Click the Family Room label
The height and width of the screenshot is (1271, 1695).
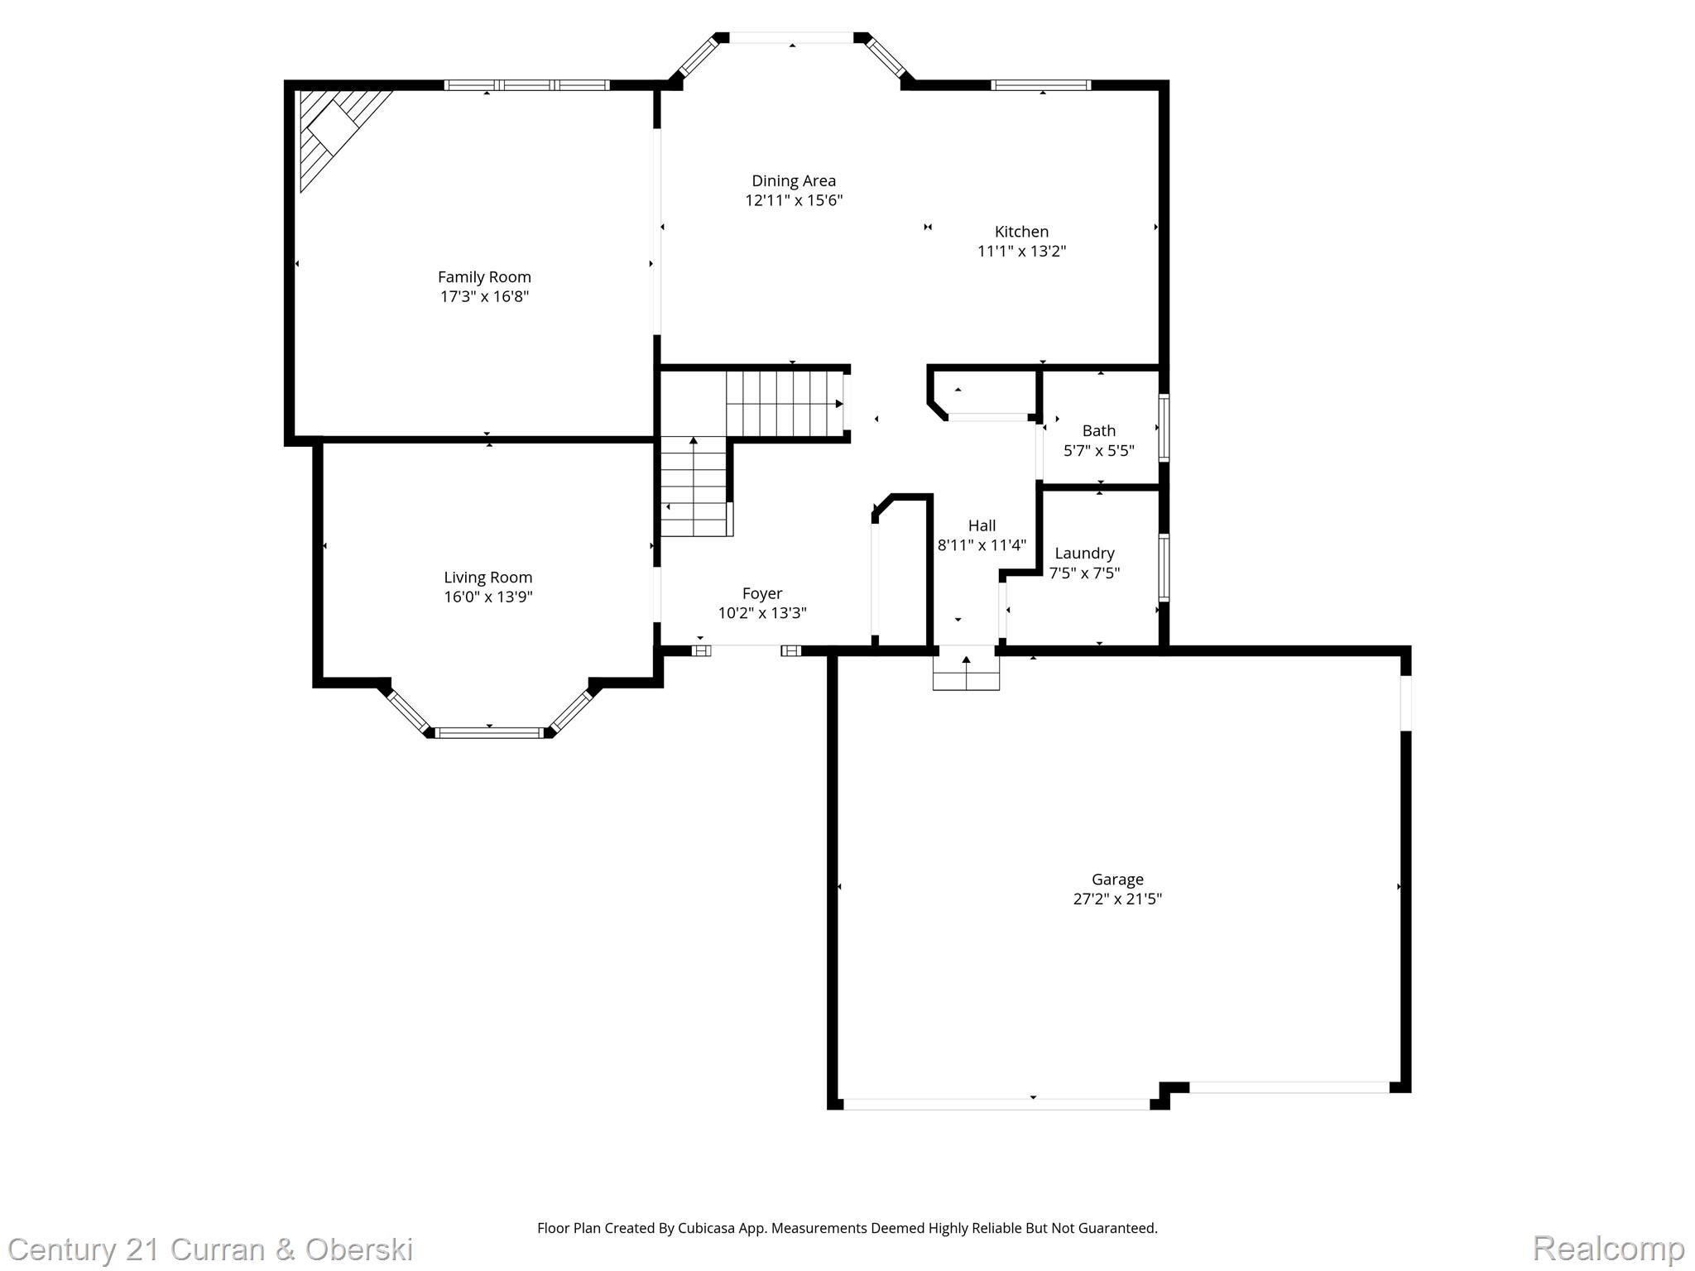click(x=484, y=277)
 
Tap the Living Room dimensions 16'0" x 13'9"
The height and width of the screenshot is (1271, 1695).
click(x=488, y=597)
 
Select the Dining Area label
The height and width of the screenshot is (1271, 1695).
click(x=794, y=181)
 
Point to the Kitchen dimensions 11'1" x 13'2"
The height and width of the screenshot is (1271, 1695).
click(x=1021, y=251)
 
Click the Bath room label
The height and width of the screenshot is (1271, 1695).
click(x=1099, y=430)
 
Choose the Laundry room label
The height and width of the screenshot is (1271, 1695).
click(x=1084, y=554)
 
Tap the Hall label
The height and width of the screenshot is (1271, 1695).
click(x=982, y=525)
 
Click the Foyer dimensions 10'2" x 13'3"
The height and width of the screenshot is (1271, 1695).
click(x=762, y=613)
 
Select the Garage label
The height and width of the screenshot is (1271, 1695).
click(x=1117, y=880)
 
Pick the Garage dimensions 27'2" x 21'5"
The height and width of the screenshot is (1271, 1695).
click(x=1117, y=899)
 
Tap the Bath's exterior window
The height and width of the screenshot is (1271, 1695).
click(x=1164, y=428)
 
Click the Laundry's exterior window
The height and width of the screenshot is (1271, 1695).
click(x=1164, y=568)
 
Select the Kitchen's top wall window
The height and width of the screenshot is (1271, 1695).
click(x=1041, y=84)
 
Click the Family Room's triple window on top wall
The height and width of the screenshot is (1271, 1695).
click(x=527, y=84)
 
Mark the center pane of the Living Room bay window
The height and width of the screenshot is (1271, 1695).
click(x=489, y=732)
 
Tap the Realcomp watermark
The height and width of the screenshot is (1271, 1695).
click(x=1609, y=1248)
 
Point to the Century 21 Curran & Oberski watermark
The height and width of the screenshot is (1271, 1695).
click(x=211, y=1249)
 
